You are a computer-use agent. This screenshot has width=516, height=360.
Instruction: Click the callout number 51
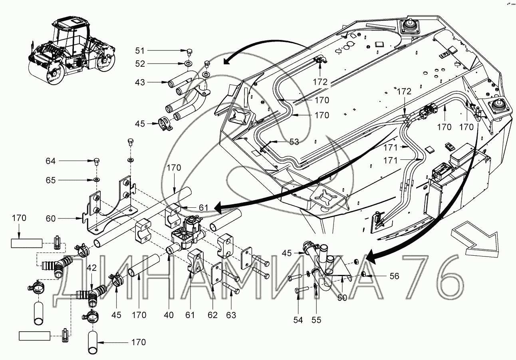(x=140, y=50)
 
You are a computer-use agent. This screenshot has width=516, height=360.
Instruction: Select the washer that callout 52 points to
(x=189, y=64)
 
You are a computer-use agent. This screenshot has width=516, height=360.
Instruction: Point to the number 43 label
(x=140, y=82)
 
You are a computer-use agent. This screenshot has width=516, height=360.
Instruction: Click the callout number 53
(x=294, y=142)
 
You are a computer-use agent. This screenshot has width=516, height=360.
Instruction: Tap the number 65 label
(x=51, y=180)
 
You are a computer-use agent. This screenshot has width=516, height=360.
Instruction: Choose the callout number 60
(x=51, y=218)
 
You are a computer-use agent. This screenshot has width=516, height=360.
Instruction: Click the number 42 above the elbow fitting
(x=92, y=268)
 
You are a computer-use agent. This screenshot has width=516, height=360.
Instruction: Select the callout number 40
(x=169, y=315)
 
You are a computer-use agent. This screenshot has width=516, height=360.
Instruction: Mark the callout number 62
(x=212, y=315)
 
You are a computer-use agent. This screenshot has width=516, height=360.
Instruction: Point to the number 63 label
(x=231, y=315)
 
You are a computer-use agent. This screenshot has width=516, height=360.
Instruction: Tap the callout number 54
(x=298, y=320)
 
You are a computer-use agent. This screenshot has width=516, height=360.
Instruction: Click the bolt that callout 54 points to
(x=301, y=290)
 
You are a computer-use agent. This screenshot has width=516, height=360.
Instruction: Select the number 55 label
(x=316, y=320)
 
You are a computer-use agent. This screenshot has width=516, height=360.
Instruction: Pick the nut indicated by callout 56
(x=363, y=274)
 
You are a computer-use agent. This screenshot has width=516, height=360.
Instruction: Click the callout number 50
(x=342, y=298)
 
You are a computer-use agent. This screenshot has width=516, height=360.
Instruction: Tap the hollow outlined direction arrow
(x=471, y=240)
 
